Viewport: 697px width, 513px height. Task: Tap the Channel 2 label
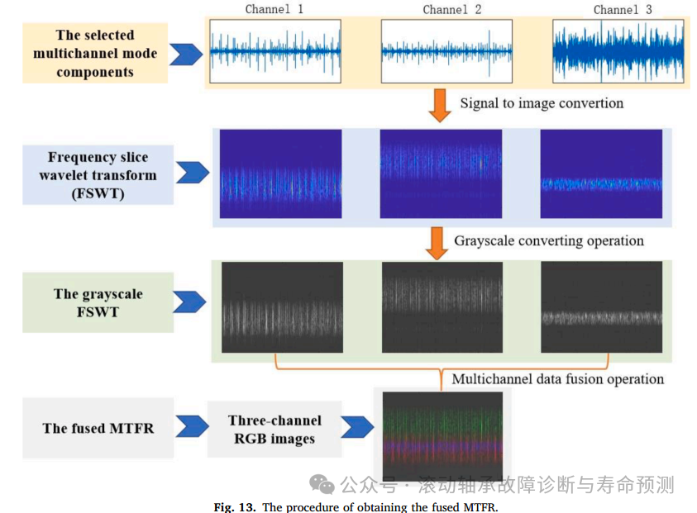pyautogui.click(x=451, y=10)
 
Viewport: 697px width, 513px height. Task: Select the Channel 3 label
pyautogui.click(x=623, y=10)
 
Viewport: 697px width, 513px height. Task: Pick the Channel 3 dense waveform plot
pyautogui.click(x=618, y=51)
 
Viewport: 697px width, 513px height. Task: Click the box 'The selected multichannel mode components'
pyautogui.click(x=95, y=54)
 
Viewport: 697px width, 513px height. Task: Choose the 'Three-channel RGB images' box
pyautogui.click(x=275, y=430)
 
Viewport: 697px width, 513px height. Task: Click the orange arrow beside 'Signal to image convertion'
pyautogui.click(x=441, y=105)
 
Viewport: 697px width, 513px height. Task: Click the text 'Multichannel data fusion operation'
pyautogui.click(x=557, y=379)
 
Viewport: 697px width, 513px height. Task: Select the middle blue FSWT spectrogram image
pyautogui.click(x=441, y=173)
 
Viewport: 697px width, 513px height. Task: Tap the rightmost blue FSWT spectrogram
pyautogui.click(x=601, y=173)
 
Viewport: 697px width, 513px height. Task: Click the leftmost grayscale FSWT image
pyautogui.click(x=282, y=307)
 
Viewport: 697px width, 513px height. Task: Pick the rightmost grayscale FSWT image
pyautogui.click(x=601, y=307)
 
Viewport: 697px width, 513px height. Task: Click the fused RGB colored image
pyautogui.click(x=442, y=435)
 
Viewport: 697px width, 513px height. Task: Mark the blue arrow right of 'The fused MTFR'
pyautogui.click(x=192, y=427)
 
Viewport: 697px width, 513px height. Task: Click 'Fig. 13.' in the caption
pyautogui.click(x=236, y=506)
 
